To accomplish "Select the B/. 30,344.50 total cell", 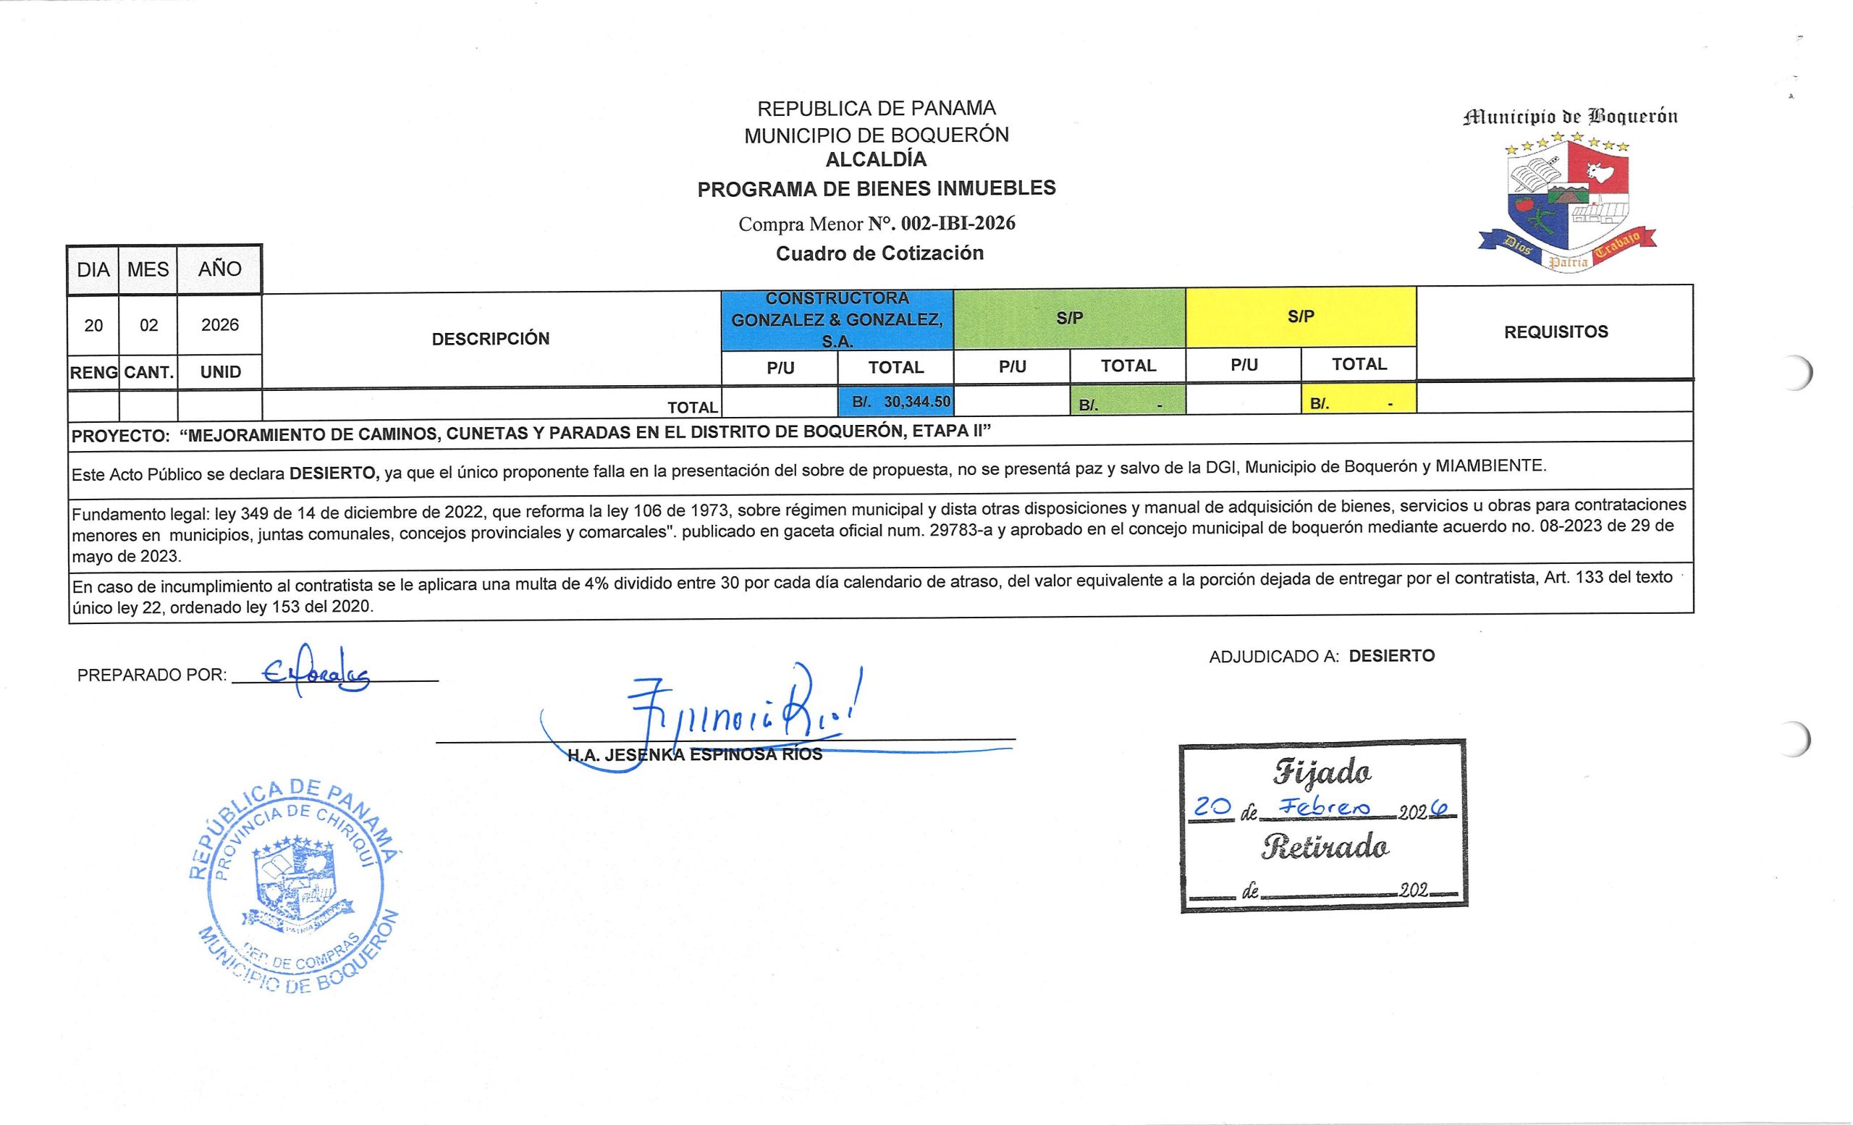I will [x=895, y=403].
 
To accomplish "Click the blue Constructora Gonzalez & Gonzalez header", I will [x=837, y=319].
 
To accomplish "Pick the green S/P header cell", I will [x=1068, y=318].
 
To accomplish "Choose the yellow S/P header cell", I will [x=1300, y=316].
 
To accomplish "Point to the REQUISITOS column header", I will [x=1556, y=332].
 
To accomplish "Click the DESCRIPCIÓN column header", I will [x=490, y=338].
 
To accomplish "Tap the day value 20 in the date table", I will [x=93, y=326].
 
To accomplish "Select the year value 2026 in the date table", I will [x=219, y=325].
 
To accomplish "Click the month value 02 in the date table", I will [x=149, y=326].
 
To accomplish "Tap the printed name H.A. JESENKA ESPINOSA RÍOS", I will [x=695, y=755].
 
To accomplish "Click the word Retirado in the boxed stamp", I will [x=1325, y=848].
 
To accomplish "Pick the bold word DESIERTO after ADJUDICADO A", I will [x=1391, y=656].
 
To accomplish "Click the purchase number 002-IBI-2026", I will [x=958, y=224].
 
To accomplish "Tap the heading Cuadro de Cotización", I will [x=879, y=253].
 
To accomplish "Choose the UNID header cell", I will [x=220, y=372].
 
